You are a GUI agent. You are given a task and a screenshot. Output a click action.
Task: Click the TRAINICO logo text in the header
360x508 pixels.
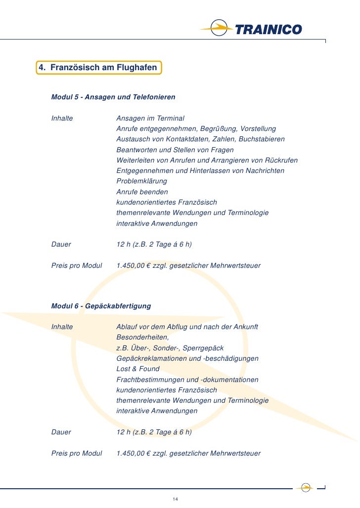[268, 30]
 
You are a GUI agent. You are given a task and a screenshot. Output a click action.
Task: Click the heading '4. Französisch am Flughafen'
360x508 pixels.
[99, 67]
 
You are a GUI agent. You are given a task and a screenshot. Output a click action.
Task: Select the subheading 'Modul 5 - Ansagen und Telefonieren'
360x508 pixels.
[113, 97]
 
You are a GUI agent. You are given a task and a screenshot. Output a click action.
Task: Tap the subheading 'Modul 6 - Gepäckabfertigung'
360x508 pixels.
[101, 306]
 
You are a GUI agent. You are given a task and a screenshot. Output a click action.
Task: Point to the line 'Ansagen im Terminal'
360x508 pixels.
[150, 118]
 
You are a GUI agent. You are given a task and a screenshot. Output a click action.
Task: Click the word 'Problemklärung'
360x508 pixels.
[141, 181]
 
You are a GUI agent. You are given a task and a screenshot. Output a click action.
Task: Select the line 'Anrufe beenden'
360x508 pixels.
[142, 192]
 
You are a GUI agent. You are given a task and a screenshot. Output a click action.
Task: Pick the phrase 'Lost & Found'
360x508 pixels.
[138, 369]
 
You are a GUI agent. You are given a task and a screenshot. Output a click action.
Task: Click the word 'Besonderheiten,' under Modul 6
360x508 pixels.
[142, 337]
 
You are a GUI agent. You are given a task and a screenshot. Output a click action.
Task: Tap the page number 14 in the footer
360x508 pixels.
[175, 499]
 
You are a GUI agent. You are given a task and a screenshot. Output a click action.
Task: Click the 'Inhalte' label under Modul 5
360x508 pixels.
[62, 118]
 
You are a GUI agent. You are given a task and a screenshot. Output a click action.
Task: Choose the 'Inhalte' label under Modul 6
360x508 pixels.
[62, 327]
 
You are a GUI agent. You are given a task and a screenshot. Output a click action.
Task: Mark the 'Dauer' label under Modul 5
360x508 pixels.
[61, 244]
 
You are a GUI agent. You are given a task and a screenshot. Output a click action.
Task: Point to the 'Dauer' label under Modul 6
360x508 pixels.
[61, 432]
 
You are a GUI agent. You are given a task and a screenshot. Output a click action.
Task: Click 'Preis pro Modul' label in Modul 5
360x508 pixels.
[77, 265]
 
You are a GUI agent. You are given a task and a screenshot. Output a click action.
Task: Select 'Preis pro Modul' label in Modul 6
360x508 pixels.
[77, 453]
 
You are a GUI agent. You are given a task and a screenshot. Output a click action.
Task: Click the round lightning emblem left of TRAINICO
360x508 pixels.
[219, 29]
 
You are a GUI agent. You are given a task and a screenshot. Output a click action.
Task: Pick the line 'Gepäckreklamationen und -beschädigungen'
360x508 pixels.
[187, 358]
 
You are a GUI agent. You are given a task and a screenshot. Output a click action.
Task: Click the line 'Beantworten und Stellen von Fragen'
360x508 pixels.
[175, 150]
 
